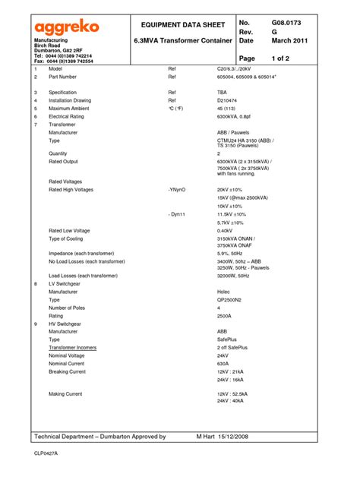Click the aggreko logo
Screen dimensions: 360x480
coord(66,27)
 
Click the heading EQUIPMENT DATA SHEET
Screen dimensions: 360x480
coord(180,25)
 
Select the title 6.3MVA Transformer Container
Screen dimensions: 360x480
coord(180,40)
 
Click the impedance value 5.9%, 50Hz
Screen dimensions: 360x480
coord(232,254)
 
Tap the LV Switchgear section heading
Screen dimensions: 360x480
coord(65,283)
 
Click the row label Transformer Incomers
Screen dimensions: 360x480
coord(73,347)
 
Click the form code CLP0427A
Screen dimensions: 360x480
coord(46,453)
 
